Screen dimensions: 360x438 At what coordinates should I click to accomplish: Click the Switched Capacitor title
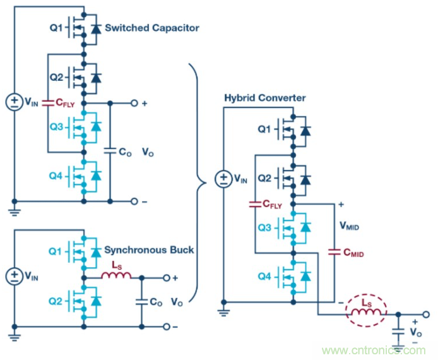151,28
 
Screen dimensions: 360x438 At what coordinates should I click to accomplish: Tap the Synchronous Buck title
149,250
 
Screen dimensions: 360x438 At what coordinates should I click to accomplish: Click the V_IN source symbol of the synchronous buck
14,276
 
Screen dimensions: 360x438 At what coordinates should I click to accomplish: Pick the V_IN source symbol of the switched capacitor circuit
14,103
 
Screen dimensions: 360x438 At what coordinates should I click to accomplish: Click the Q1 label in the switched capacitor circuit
57,28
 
